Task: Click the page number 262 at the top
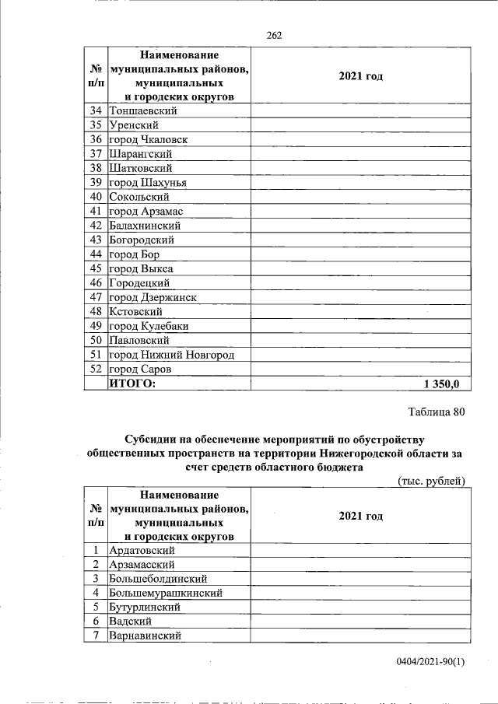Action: click(x=273, y=35)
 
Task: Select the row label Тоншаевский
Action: click(x=143, y=110)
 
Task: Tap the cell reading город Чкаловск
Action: click(x=148, y=139)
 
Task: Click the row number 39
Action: click(x=96, y=183)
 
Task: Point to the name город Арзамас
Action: click(x=146, y=211)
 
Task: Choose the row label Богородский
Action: click(x=142, y=240)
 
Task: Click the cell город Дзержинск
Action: click(x=153, y=297)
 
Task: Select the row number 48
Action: click(x=96, y=311)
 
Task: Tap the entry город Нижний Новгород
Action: click(x=172, y=355)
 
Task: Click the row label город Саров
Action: click(x=140, y=369)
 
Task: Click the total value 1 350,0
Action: click(x=442, y=384)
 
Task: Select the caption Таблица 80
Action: click(x=436, y=412)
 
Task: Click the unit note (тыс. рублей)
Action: click(x=431, y=480)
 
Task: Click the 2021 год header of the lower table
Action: click(x=361, y=516)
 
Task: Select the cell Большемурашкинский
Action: click(x=166, y=593)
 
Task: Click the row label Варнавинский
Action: click(x=146, y=636)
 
